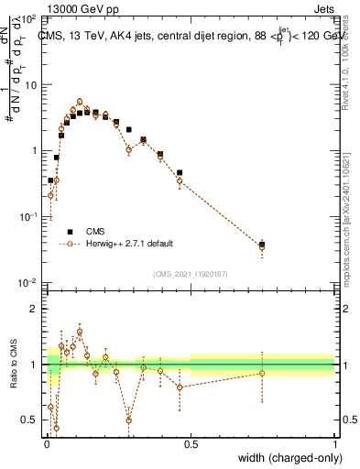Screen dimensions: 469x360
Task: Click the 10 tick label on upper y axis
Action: (x=33, y=84)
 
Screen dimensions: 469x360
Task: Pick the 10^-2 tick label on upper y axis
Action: (x=29, y=282)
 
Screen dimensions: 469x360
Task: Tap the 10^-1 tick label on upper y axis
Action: (x=29, y=216)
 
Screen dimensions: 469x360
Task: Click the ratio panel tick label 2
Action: (x=37, y=309)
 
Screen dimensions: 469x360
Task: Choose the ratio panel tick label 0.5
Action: (x=32, y=420)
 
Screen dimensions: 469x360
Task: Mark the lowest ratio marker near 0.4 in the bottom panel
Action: (x=56, y=428)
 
